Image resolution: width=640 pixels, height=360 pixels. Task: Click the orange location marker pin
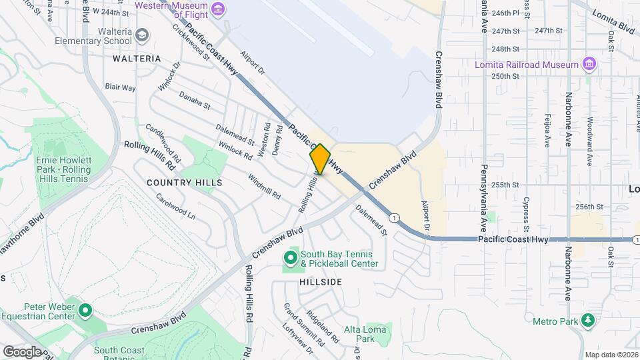pos(320,159)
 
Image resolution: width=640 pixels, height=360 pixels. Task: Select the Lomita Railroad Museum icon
pos(589,65)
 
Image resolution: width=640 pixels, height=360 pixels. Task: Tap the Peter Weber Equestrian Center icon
pos(85,310)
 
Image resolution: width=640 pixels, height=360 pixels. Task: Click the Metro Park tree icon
pos(588,321)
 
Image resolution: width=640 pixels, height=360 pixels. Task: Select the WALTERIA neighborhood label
pos(137,59)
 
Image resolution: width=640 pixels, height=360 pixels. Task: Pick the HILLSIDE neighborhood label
pos(321,282)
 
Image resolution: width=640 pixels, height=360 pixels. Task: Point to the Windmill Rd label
pos(264,187)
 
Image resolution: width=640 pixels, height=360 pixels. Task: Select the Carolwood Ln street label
pos(175,207)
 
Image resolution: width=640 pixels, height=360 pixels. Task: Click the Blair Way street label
pos(121,87)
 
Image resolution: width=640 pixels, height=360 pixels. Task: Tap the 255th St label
pos(507,185)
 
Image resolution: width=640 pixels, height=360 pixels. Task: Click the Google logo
pos(22,351)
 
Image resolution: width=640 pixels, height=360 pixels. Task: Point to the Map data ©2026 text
pos(611,355)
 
